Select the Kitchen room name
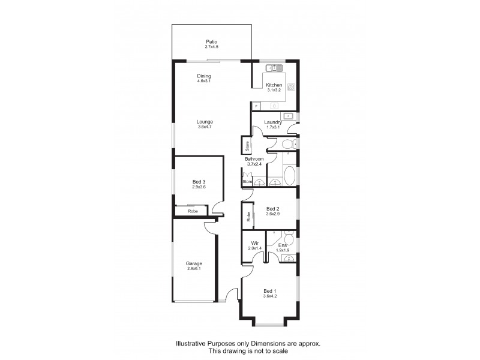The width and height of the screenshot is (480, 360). (274, 85)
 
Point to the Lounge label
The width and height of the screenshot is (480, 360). (205, 122)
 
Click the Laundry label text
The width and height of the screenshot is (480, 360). (274, 122)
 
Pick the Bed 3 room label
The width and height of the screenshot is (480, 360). (199, 182)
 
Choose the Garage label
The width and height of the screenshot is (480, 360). (193, 263)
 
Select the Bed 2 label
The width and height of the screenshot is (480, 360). (273, 209)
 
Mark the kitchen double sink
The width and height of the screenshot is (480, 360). (275, 67)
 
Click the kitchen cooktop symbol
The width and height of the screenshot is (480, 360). (291, 86)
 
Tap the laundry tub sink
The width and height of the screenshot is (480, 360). (289, 115)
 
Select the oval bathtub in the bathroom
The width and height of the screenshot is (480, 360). (289, 175)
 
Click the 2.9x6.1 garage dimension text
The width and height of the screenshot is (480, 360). (193, 269)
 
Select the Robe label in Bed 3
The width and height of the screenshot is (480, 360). (193, 211)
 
